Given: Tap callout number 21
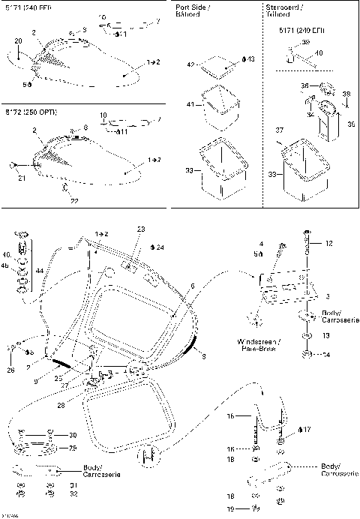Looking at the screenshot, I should pyautogui.click(x=22, y=178).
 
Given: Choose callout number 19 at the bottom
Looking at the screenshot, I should pyautogui.click(x=251, y=508).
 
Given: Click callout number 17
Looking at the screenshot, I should pyautogui.click(x=306, y=430).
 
